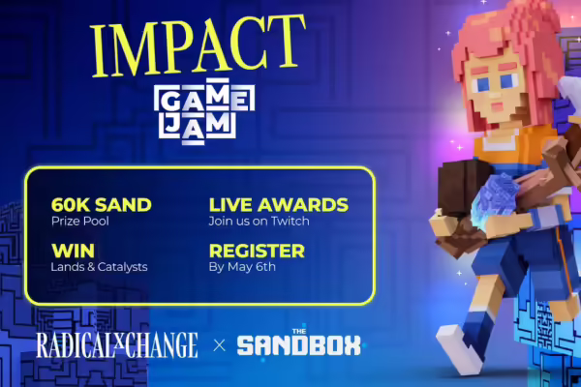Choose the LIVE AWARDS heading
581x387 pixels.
(278, 205)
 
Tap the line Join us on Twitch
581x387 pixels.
(257, 222)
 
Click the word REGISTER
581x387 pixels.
(257, 251)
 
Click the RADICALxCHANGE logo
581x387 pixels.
(116, 343)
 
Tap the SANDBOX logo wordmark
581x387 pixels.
(298, 345)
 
